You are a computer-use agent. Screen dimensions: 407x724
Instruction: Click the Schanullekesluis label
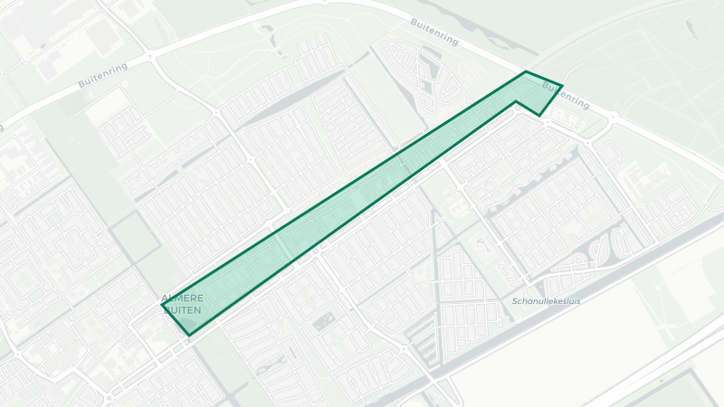(x=546, y=300)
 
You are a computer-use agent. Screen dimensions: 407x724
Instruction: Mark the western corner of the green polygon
(x=163, y=306)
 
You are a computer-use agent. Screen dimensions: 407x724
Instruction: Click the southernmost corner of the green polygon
(x=188, y=335)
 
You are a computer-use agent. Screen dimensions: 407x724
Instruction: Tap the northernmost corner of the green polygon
(x=525, y=71)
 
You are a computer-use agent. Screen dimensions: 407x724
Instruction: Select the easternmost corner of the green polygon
(x=562, y=86)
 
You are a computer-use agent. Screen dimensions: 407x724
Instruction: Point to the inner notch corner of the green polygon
(x=517, y=102)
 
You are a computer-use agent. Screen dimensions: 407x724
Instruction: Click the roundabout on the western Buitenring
(x=149, y=57)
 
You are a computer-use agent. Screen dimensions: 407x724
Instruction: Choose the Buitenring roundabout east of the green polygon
(x=614, y=117)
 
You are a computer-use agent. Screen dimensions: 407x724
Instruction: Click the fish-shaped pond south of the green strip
(x=323, y=323)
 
